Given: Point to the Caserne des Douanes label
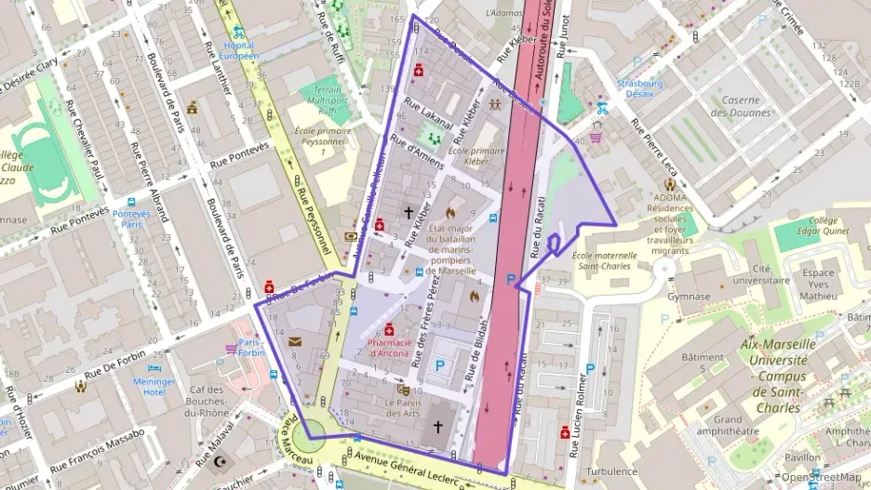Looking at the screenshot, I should [741, 106].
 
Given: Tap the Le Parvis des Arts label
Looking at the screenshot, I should [403, 408].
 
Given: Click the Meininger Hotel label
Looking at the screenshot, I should [154, 387].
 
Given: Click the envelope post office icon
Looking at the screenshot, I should [295, 341].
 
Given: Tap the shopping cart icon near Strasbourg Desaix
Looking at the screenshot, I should [595, 137].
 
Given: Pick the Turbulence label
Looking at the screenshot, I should [611, 471].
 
